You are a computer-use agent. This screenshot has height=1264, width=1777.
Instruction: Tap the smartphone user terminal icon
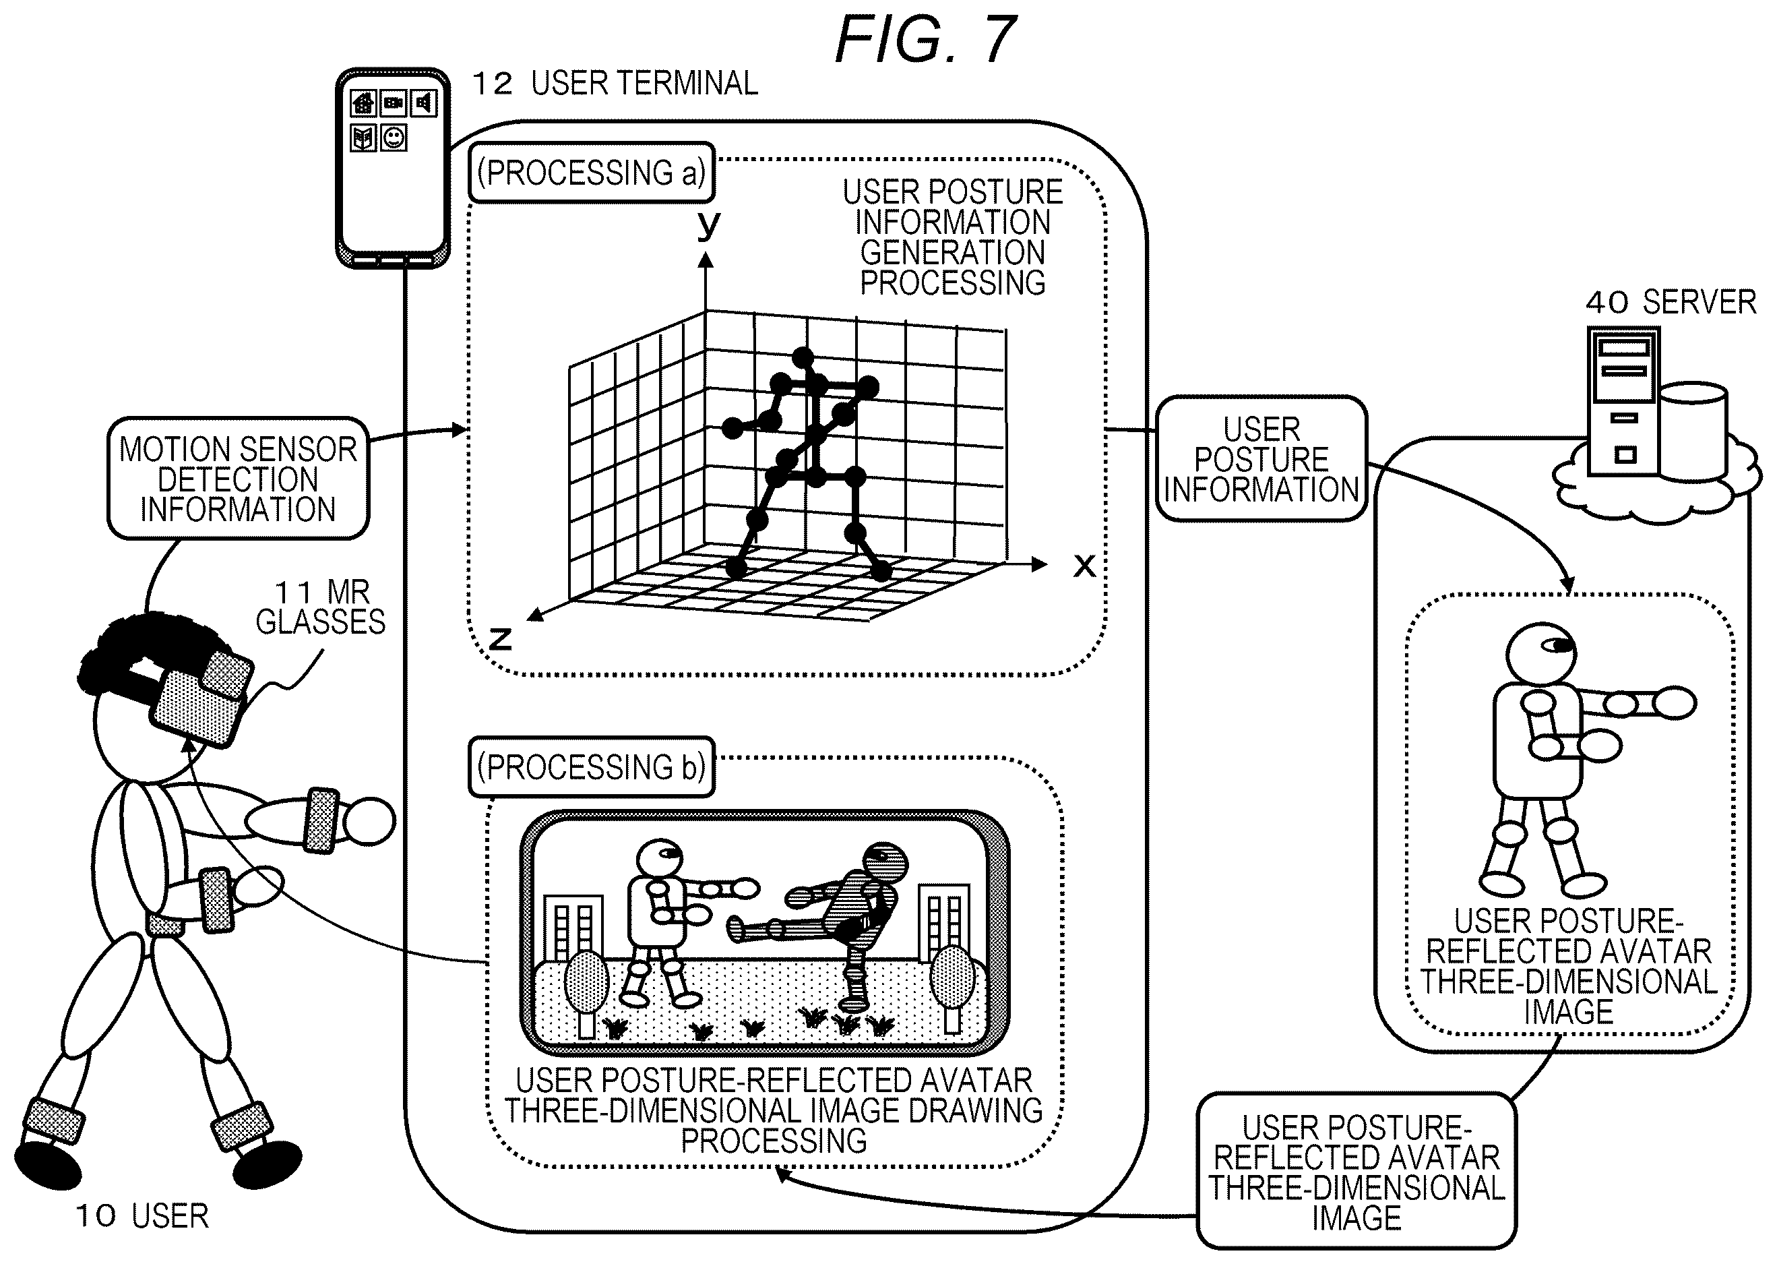(393, 168)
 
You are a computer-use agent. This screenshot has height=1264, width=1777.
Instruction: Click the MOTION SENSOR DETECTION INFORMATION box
(238, 479)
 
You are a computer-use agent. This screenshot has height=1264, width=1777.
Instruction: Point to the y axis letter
(708, 226)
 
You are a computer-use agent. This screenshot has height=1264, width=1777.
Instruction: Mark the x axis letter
(1084, 565)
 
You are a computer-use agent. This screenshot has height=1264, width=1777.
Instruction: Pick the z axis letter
(500, 638)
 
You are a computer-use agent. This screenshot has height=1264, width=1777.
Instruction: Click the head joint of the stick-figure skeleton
(803, 358)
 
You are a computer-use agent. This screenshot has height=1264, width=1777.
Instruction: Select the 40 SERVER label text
(1671, 302)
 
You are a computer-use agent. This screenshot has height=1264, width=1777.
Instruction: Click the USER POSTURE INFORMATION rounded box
(1261, 459)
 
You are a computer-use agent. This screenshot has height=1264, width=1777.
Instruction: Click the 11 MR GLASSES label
(321, 607)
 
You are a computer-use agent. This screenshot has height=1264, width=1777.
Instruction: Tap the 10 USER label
(142, 1215)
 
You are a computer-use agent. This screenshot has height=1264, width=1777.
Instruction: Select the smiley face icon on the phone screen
(394, 139)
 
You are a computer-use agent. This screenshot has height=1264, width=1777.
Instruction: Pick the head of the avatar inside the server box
(1542, 653)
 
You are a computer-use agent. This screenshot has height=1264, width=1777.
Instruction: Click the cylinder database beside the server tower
(1693, 430)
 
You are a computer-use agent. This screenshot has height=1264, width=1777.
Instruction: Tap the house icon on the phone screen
(363, 102)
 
